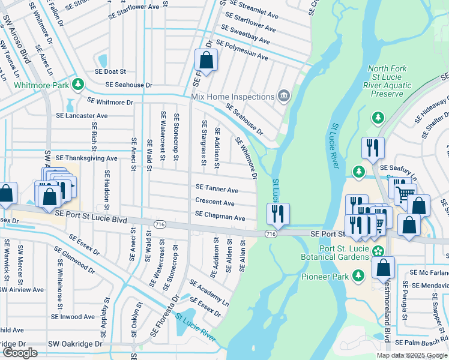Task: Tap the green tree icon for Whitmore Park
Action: tap(77, 83)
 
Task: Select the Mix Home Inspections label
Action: tap(232, 96)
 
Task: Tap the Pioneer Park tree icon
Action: tap(358, 275)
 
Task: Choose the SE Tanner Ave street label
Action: tap(217, 190)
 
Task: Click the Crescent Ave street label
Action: tap(215, 203)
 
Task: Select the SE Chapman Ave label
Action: tap(220, 215)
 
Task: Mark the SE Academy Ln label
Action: tap(209, 292)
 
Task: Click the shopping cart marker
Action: tap(405, 191)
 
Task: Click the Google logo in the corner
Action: tap(20, 353)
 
